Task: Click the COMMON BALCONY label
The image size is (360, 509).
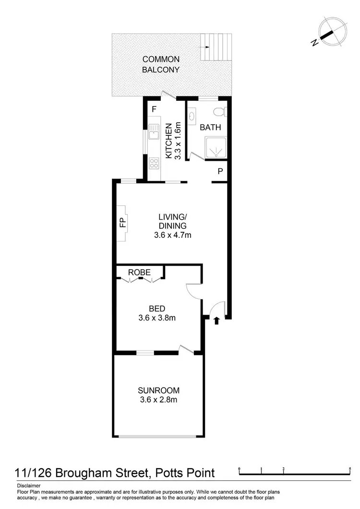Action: coord(161,64)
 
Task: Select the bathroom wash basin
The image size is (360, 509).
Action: coord(192,116)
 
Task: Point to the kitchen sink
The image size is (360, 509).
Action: coord(154,131)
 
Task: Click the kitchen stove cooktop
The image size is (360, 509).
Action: coord(154,163)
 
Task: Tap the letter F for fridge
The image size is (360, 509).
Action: coord(154,109)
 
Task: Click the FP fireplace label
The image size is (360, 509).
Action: coord(122,222)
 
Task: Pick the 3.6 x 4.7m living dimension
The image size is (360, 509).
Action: coord(173,235)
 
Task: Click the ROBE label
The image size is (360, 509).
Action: coord(139,272)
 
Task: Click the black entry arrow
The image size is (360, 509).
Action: coord(216,320)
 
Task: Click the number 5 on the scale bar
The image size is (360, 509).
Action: coord(350,469)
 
